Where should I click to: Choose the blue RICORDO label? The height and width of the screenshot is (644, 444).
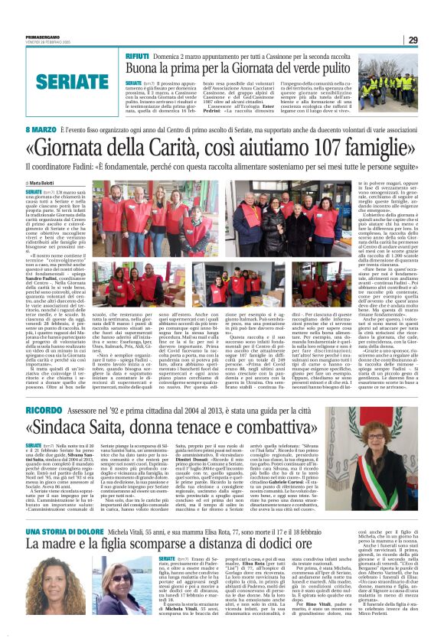coord(43,411)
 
